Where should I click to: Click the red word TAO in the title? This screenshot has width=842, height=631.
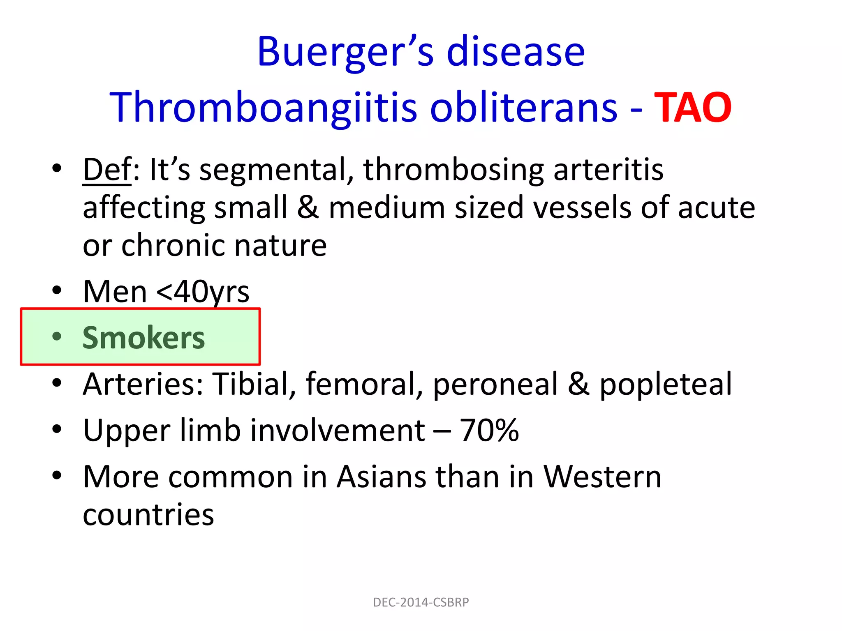pos(692,108)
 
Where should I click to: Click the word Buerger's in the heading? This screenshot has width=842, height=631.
pos(345,53)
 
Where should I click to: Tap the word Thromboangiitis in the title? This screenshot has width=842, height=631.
pos(263,108)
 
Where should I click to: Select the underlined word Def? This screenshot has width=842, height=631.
pos(107,169)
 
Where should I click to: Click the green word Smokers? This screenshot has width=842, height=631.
pos(143,338)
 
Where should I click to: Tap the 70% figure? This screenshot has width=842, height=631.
pos(489,431)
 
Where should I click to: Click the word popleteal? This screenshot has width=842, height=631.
pos(666,384)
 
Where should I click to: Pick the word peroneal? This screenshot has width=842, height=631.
pos(495,384)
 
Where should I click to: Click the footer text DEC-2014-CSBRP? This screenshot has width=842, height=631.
pos(421,602)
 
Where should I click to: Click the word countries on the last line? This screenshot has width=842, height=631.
pos(148,515)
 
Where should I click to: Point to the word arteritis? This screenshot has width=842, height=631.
pos(608,169)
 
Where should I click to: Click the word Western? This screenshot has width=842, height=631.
pos(602,477)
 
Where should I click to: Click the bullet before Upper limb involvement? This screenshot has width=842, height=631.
pos(57,430)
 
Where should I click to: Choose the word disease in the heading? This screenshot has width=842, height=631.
pos(516,53)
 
